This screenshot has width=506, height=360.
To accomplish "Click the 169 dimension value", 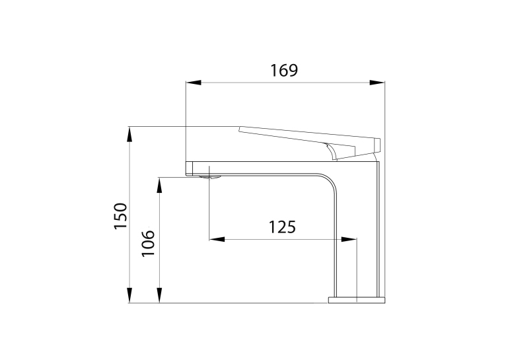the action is click(x=284, y=70).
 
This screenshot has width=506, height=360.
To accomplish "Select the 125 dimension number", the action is click(x=282, y=227).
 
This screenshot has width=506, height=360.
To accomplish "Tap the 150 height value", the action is click(x=121, y=216).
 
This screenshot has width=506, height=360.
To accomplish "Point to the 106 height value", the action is click(x=148, y=243).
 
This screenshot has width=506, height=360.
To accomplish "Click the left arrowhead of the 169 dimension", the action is click(x=194, y=83).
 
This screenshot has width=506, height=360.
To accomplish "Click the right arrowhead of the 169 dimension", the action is click(x=377, y=83).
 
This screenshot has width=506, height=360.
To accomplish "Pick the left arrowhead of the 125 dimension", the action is click(x=217, y=239).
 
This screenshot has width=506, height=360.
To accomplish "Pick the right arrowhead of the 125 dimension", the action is click(x=349, y=239).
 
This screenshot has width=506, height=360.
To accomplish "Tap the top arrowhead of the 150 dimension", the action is click(x=129, y=134).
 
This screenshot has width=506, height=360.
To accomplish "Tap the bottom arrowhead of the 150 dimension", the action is click(x=129, y=295).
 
